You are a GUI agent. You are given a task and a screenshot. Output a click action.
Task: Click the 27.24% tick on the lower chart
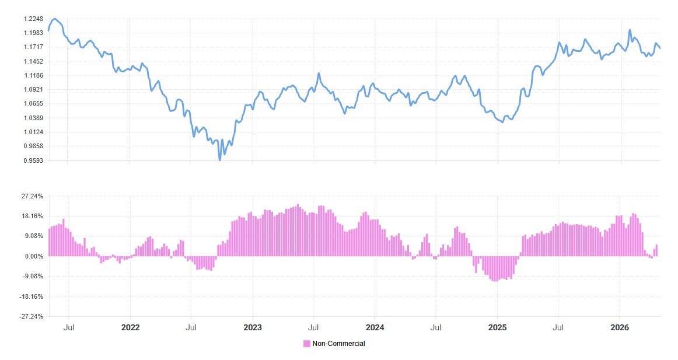[32, 196]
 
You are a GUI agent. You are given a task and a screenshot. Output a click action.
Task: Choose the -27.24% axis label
[31, 316]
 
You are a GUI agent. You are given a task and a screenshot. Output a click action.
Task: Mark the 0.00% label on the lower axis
[34, 256]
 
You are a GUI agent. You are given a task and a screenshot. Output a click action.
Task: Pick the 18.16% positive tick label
[32, 216]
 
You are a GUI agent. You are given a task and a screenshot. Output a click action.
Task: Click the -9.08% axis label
[32, 276]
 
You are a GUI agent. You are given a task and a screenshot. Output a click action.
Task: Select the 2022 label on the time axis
[130, 327]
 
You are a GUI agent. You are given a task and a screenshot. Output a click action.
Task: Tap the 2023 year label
[253, 327]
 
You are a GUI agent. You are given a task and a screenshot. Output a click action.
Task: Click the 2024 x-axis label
[375, 327]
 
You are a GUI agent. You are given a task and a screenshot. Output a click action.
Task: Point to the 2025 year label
[497, 327]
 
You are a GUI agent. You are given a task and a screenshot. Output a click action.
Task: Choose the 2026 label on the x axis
[620, 327]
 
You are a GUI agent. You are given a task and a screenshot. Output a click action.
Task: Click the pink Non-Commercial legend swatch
[307, 344]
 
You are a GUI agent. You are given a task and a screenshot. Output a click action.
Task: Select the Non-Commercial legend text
[338, 344]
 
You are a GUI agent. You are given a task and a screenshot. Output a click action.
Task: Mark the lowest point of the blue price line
[220, 159]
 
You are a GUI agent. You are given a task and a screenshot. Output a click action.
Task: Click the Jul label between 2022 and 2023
[191, 327]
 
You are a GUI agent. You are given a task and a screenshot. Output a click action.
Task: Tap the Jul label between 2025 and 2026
[558, 327]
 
